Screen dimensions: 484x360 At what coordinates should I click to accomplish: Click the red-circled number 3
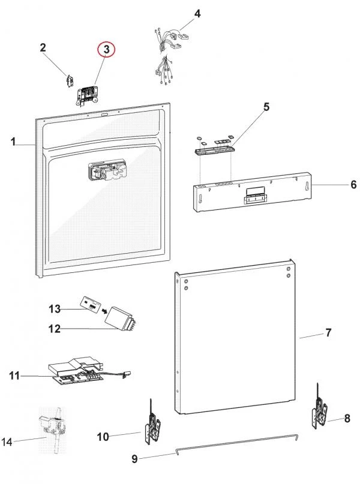106,51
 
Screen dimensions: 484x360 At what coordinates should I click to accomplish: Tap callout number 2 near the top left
43,47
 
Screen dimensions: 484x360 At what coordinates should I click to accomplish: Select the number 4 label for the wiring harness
197,13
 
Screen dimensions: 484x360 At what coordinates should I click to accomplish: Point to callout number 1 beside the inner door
13,142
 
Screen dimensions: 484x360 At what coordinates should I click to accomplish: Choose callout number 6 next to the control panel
353,185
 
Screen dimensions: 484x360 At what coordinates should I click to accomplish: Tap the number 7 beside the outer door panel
328,332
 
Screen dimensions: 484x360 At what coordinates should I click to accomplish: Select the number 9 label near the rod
134,459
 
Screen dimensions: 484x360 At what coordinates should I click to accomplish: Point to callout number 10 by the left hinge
103,436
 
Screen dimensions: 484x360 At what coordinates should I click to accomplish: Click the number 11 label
15,376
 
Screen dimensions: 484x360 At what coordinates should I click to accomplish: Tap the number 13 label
55,309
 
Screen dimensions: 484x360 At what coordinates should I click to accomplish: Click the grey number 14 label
7,442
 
